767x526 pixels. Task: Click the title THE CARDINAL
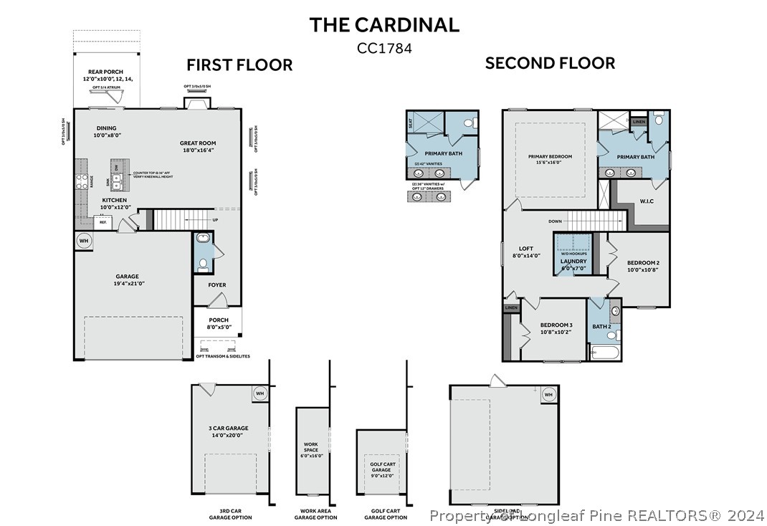click(x=383, y=24)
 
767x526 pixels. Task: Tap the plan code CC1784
click(x=383, y=48)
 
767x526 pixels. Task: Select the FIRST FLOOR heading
click(x=239, y=65)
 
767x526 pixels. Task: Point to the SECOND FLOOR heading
click(x=550, y=63)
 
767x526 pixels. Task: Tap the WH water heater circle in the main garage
click(x=83, y=241)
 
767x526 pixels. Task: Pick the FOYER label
click(x=217, y=285)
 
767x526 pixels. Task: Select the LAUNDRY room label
click(x=573, y=262)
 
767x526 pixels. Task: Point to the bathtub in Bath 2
click(x=604, y=352)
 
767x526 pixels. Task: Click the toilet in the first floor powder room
click(x=203, y=264)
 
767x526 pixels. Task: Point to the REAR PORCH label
click(x=106, y=72)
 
